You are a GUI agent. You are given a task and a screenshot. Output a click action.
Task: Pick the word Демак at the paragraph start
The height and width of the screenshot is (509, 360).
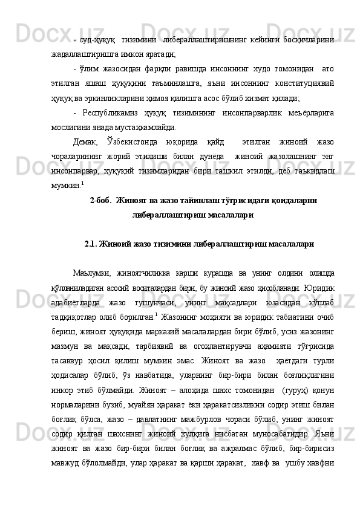[85, 141]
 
